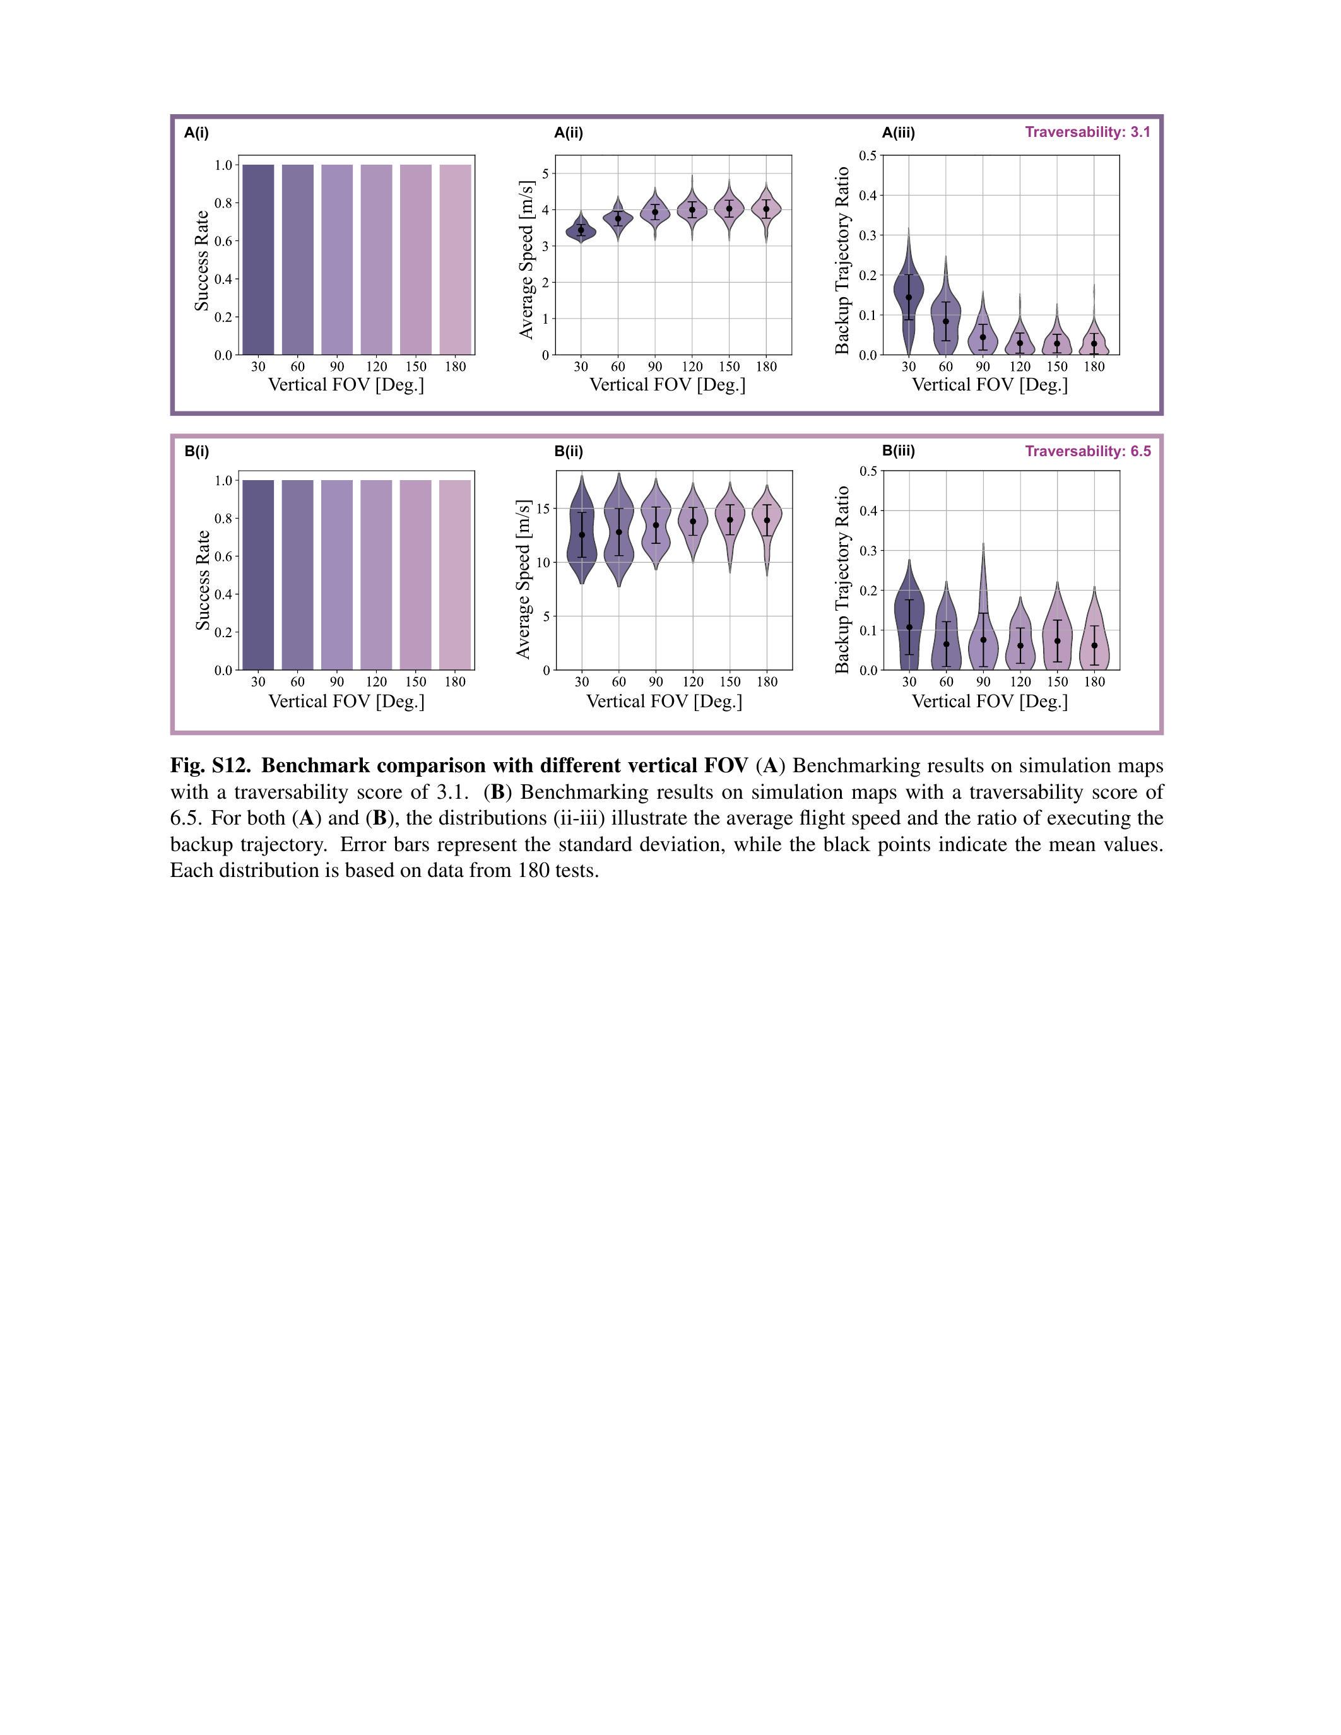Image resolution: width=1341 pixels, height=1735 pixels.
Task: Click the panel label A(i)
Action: (x=196, y=132)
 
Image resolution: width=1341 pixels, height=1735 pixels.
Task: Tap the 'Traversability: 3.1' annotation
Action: (x=1087, y=132)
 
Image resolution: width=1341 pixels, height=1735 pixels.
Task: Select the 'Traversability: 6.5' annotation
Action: (x=1087, y=451)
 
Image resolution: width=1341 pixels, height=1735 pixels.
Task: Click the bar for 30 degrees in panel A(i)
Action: (x=258, y=260)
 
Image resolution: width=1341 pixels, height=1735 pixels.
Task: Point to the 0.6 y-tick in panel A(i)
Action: (x=223, y=241)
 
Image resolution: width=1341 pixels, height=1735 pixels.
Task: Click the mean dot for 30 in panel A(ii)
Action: (x=581, y=230)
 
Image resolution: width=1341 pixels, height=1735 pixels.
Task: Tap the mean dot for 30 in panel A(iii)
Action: (x=909, y=297)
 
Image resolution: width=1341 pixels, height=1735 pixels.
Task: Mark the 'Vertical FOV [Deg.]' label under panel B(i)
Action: (x=346, y=702)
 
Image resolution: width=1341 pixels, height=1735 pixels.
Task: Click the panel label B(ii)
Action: (x=568, y=451)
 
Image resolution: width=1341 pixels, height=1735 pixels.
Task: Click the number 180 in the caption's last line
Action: (x=534, y=871)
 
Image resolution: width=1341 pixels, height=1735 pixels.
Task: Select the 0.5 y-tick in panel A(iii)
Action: (x=868, y=155)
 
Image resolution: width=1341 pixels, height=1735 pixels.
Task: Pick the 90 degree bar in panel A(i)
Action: (x=337, y=260)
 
